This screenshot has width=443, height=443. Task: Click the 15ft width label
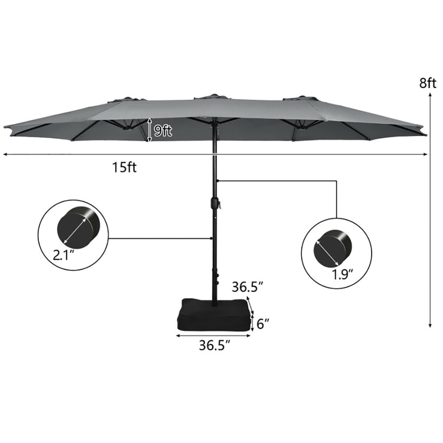[124, 167]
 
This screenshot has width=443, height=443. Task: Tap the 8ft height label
[429, 83]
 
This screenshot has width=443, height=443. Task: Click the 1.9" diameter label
[343, 275]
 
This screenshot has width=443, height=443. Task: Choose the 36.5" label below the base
[214, 345]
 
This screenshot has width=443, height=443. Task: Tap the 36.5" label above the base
[248, 288]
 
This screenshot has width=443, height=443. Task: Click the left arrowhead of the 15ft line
[5, 154]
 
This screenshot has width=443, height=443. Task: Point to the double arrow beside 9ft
[150, 130]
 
